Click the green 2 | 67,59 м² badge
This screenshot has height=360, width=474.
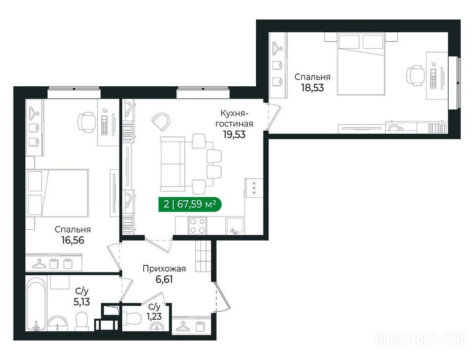(190, 204)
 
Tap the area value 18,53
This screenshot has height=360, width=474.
(312, 88)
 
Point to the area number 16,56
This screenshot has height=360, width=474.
(73, 240)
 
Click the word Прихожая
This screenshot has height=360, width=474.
(164, 269)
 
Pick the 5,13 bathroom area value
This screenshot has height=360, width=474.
(81, 301)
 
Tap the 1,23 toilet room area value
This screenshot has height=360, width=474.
(154, 316)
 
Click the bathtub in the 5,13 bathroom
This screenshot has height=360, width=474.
(36, 305)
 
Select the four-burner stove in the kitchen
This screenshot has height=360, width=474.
(197, 225)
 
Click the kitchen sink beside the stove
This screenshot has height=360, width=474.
(235, 226)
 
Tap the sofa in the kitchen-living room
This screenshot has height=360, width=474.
(172, 164)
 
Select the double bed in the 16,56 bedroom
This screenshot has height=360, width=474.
(57, 193)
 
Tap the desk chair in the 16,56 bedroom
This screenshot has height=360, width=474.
(87, 122)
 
